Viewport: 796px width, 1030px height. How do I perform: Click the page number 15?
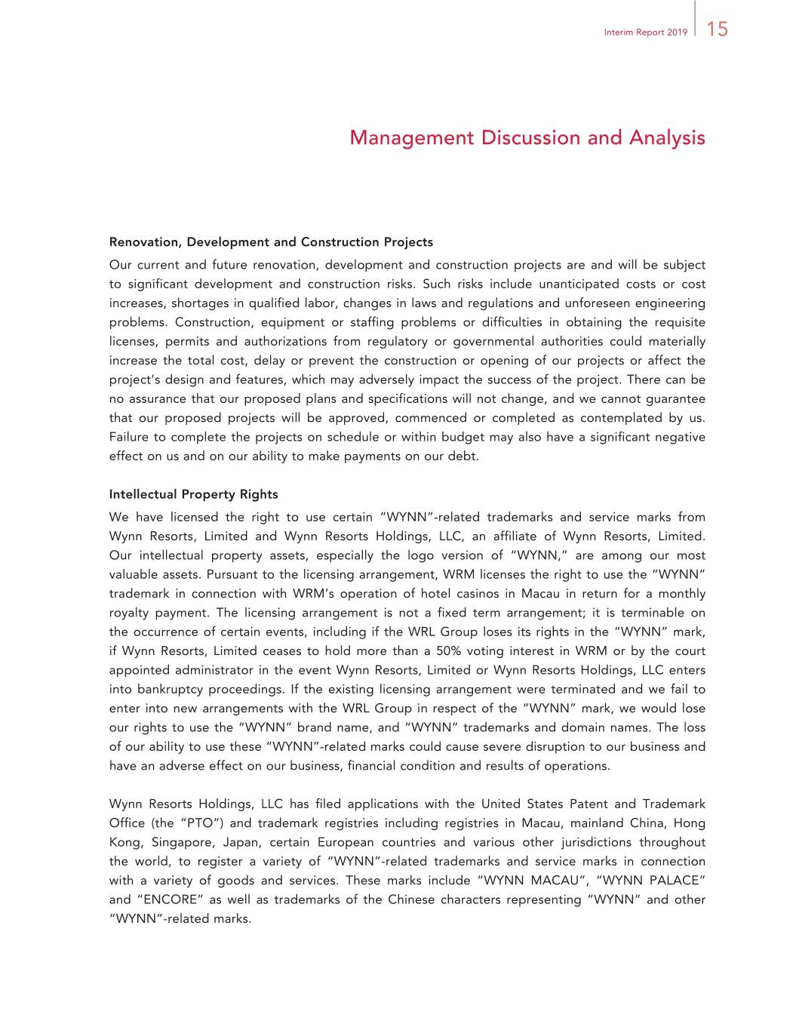[718, 29]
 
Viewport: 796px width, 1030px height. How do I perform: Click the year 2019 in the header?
[677, 32]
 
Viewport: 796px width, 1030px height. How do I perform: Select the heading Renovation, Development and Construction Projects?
[271, 242]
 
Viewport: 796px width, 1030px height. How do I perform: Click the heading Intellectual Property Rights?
[193, 494]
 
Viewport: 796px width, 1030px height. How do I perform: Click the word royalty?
[130, 613]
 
